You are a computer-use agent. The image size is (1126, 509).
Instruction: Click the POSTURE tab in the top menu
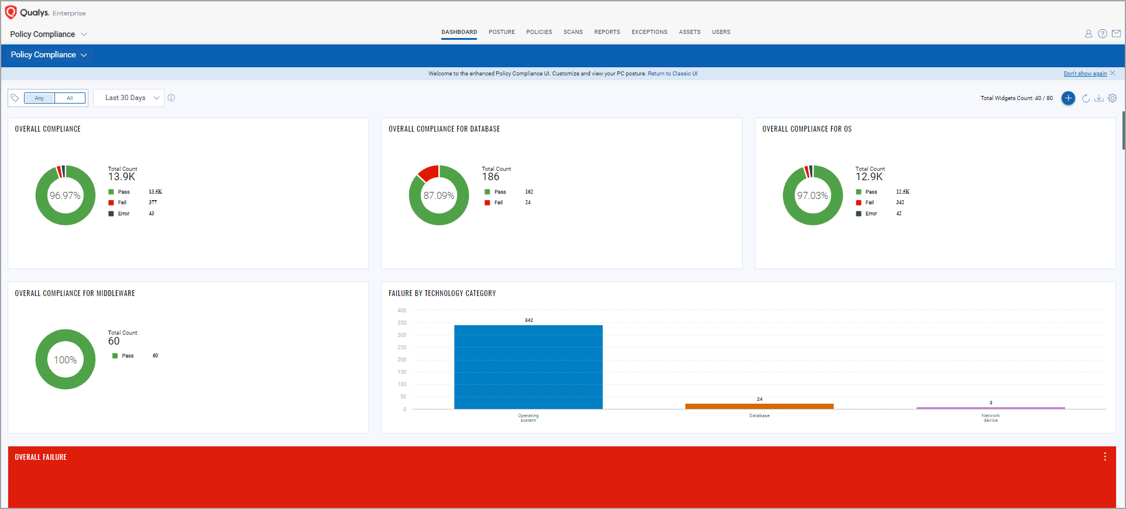502,32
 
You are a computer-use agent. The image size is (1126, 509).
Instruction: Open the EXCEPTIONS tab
649,32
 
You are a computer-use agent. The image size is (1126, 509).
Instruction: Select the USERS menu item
721,32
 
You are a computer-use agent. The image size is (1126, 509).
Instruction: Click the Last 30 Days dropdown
129,98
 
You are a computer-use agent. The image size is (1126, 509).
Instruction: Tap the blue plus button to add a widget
1068,98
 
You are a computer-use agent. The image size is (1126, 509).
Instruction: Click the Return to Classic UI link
672,74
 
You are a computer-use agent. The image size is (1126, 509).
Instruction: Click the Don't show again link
1085,74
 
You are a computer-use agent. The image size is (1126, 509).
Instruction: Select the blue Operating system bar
528,367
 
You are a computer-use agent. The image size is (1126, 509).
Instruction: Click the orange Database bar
759,406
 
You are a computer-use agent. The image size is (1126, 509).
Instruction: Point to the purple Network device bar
990,408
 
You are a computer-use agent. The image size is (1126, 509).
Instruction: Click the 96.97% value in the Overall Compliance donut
65,195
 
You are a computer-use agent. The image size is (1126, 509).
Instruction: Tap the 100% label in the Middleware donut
65,360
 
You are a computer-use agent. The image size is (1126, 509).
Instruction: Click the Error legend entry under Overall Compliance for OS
871,214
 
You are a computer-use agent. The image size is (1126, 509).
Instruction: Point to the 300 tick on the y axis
401,335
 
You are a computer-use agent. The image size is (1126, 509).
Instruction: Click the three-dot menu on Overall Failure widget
1105,457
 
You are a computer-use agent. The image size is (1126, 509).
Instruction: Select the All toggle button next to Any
70,98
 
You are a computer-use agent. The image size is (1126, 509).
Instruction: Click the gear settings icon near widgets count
1113,98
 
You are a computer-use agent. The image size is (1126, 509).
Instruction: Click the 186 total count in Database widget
490,177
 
